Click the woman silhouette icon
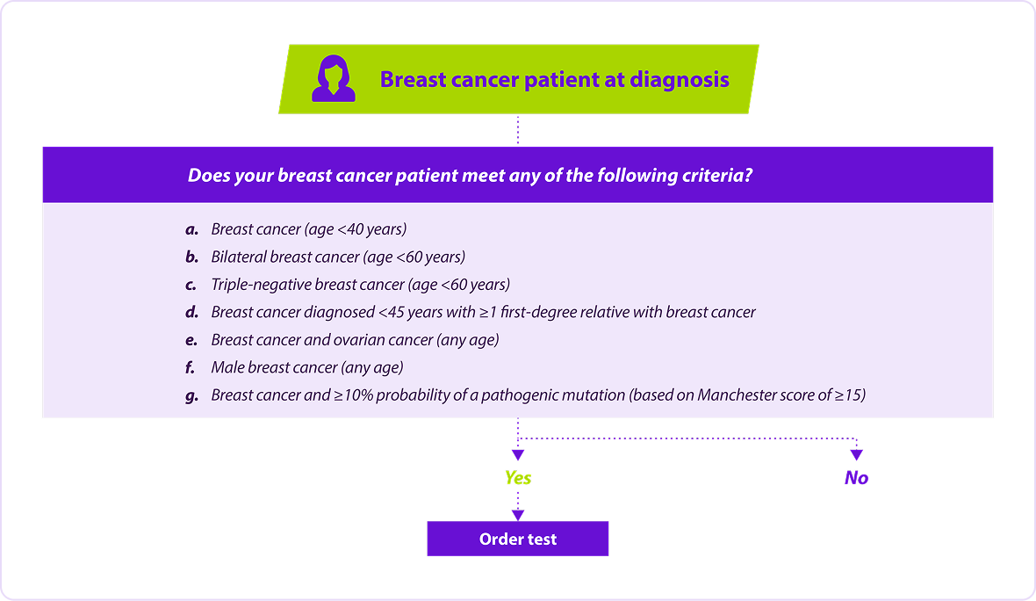334,79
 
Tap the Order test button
518,539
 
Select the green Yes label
518,477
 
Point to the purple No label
856,477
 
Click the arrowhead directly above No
856,455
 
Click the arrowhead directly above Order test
518,515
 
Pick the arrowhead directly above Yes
518,455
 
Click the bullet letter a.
191,230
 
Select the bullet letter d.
191,312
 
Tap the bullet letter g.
191,396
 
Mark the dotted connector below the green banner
518,130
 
